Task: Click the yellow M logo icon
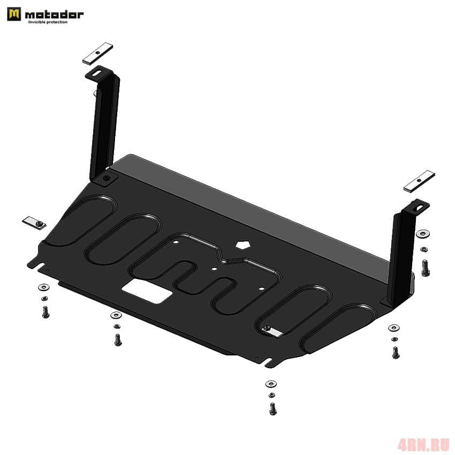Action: click(x=14, y=14)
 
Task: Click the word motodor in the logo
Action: click(x=54, y=14)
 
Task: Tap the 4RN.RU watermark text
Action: click(x=423, y=444)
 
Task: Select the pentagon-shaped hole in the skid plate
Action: click(x=243, y=245)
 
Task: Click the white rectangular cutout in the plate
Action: click(x=147, y=291)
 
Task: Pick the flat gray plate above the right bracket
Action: click(x=419, y=181)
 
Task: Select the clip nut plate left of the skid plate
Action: click(x=34, y=223)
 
